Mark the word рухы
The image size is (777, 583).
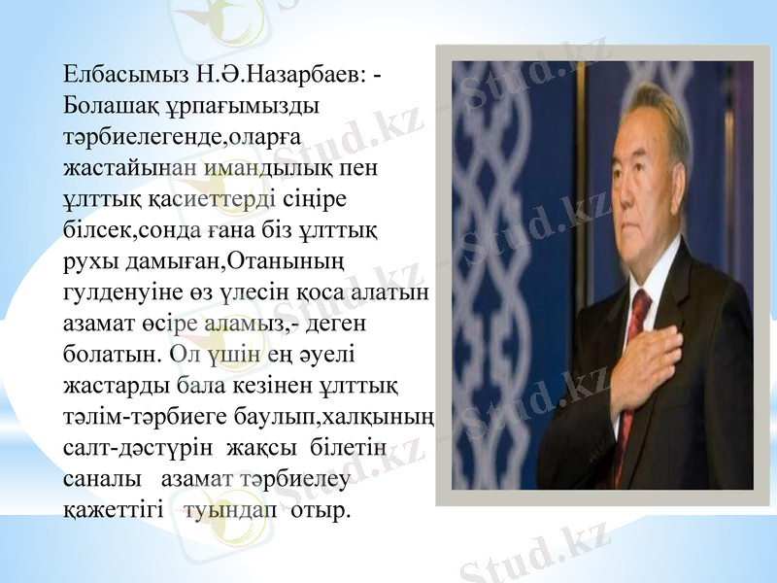[x=87, y=261]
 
